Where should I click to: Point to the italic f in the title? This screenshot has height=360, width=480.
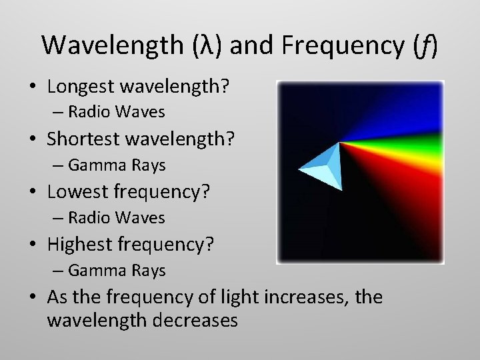click(424, 45)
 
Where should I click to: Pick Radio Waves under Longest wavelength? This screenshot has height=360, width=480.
click(116, 111)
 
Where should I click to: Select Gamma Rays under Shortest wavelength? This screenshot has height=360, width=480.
click(117, 165)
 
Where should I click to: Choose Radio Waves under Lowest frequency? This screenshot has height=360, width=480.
click(116, 217)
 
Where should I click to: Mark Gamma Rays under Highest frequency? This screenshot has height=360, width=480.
click(117, 271)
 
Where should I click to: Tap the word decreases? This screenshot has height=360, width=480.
click(196, 321)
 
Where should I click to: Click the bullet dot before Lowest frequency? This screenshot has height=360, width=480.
click(33, 193)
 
